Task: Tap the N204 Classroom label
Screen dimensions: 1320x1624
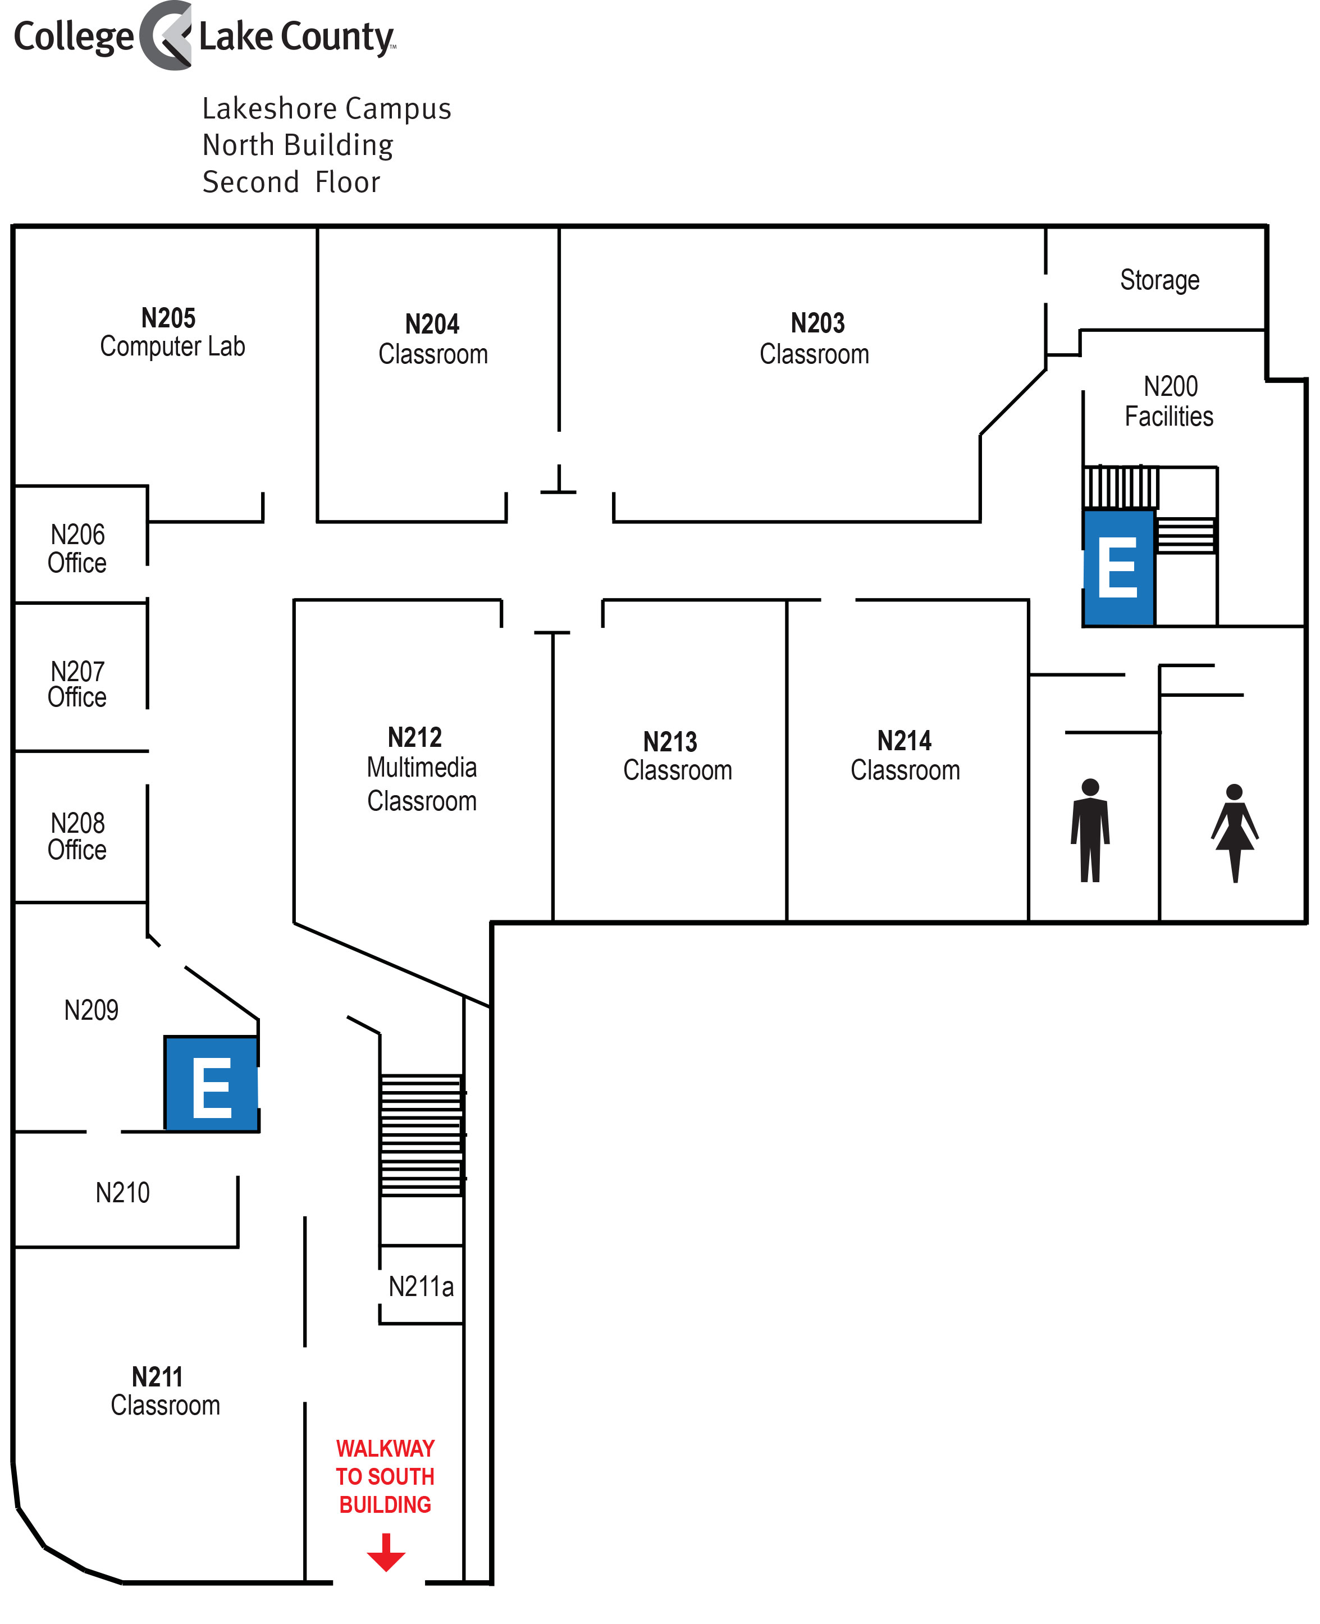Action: [433, 339]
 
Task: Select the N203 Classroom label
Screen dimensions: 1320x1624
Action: [814, 338]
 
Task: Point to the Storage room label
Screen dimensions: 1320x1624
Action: [1159, 280]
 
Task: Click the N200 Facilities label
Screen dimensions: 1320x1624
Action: [1170, 402]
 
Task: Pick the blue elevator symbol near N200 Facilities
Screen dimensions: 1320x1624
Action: [1118, 567]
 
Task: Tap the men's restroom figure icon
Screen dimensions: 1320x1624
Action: [1090, 830]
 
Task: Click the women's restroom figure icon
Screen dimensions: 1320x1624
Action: [1234, 833]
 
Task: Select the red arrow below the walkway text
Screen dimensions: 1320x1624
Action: [386, 1552]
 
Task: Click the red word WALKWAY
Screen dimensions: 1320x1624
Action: [386, 1448]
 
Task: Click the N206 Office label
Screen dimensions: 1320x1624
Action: [77, 548]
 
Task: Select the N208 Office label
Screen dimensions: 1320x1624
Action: [77, 836]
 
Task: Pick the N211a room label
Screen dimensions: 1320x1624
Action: [421, 1287]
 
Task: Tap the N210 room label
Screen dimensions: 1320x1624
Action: [122, 1192]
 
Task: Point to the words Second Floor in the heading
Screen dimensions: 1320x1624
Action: [291, 183]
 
